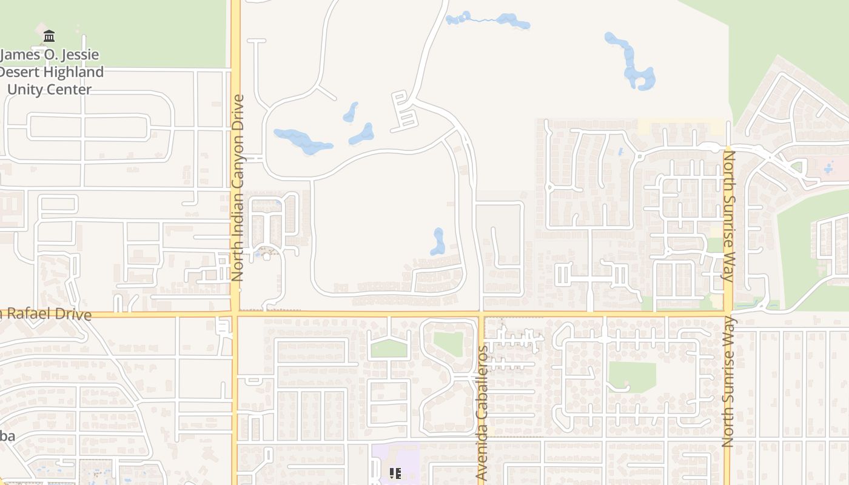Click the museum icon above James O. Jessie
49,36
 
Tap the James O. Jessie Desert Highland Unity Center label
52,72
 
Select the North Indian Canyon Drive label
237,187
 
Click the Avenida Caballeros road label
483,413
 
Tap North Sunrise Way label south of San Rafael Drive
728,382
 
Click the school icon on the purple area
395,473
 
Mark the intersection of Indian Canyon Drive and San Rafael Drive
235,314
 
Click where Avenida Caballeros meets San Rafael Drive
481,314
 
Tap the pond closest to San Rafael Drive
438,241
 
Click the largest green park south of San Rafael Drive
632,376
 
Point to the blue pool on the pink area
828,168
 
